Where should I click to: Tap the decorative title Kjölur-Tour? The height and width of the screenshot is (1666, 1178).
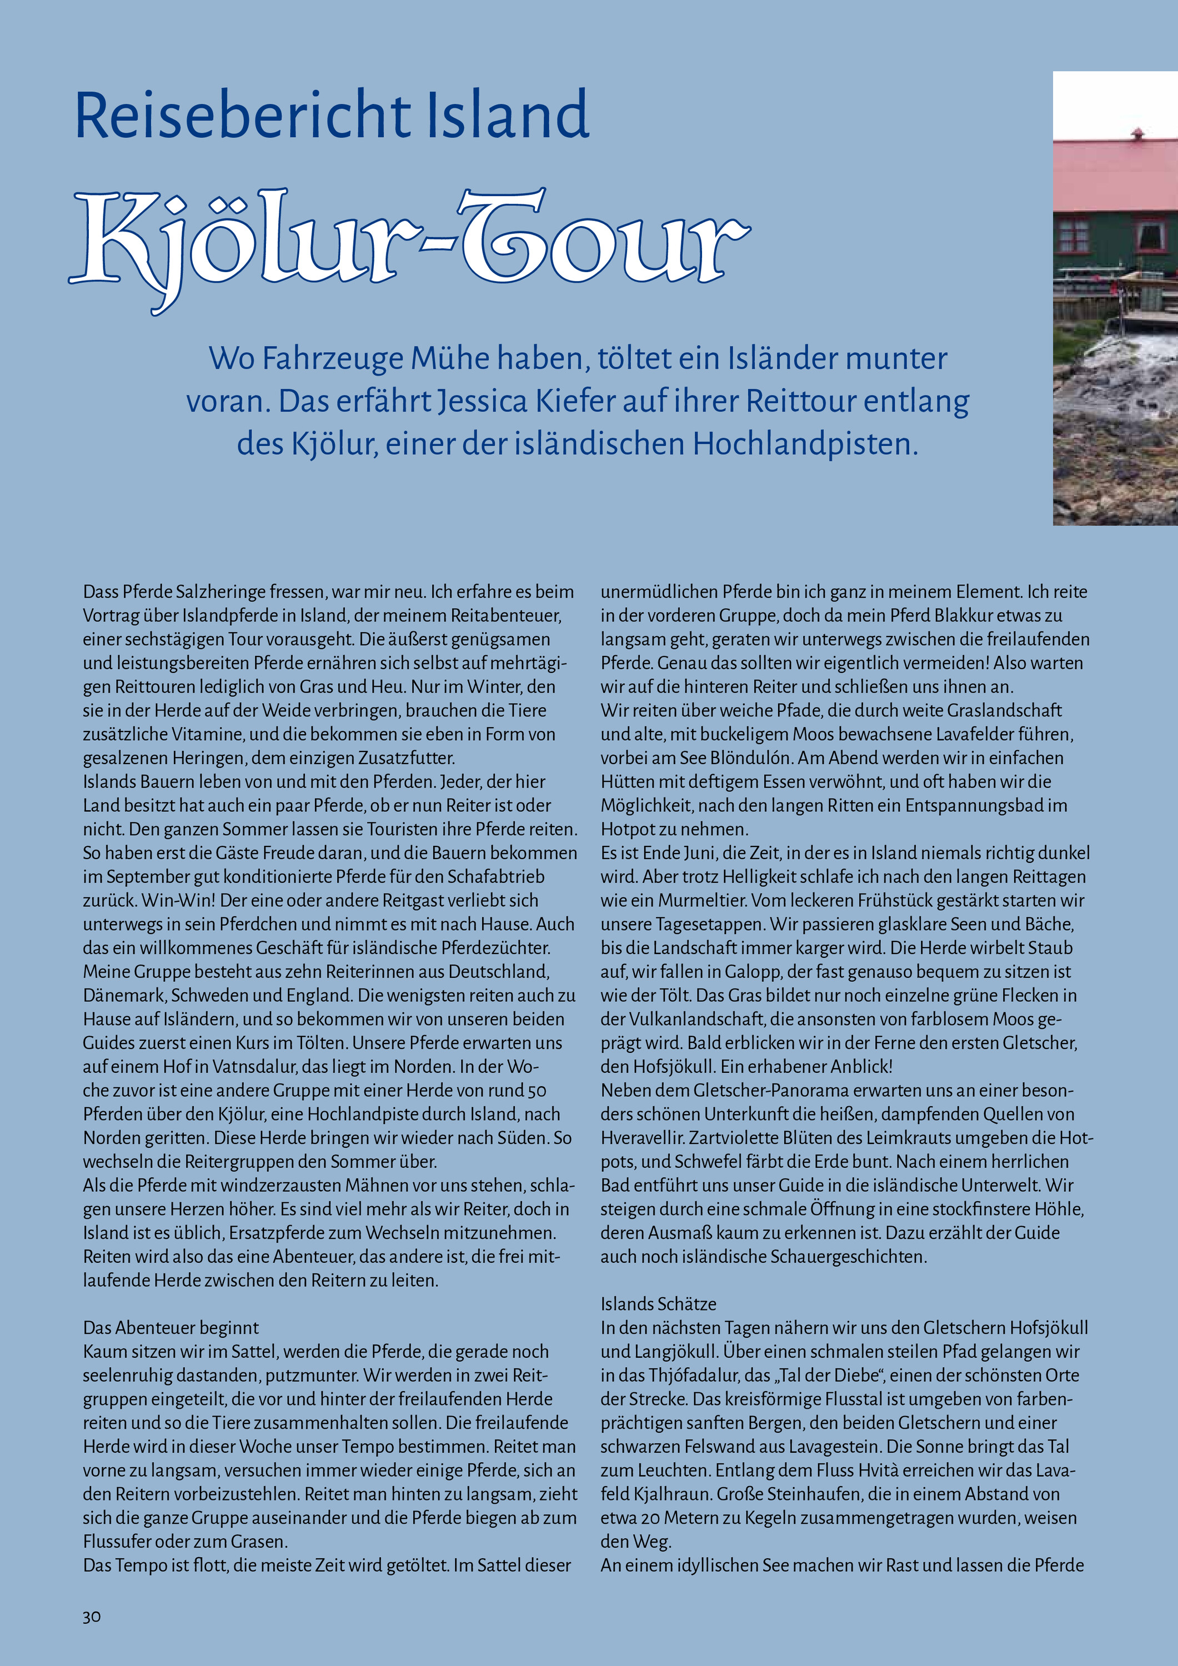409,243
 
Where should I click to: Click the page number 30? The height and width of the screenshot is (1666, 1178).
92,1617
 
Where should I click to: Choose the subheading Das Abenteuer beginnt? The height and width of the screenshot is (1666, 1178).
171,1327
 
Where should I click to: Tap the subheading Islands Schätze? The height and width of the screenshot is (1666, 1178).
658,1303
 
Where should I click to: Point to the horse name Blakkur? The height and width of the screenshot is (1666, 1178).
964,616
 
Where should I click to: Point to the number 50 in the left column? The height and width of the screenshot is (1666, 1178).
537,1091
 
